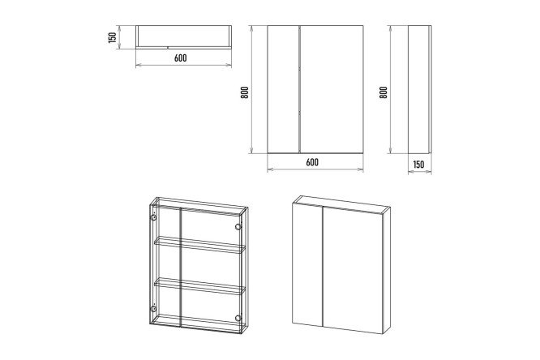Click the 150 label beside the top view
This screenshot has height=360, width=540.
coord(112,37)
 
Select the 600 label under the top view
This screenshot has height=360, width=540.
coord(181,58)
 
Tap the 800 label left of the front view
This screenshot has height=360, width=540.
coord(245,92)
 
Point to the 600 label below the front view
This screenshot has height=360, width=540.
coord(312,162)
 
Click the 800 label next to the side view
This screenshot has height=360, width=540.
coord(384,92)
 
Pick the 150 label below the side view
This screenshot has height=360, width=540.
coord(418,165)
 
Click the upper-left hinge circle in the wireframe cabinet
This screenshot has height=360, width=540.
coord(153,218)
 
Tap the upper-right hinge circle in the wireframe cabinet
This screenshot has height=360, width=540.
coord(238,226)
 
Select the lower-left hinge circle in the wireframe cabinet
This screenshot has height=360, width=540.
coord(153,308)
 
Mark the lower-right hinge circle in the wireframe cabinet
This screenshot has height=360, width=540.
coord(238,318)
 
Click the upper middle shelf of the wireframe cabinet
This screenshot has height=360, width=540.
coord(199,245)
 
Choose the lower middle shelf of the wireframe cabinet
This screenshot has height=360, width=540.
coord(199,286)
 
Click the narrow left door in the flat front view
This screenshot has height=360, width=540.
coord(284,89)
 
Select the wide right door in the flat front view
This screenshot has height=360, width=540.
coord(332,89)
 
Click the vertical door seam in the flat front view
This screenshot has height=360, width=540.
coord(300,89)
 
